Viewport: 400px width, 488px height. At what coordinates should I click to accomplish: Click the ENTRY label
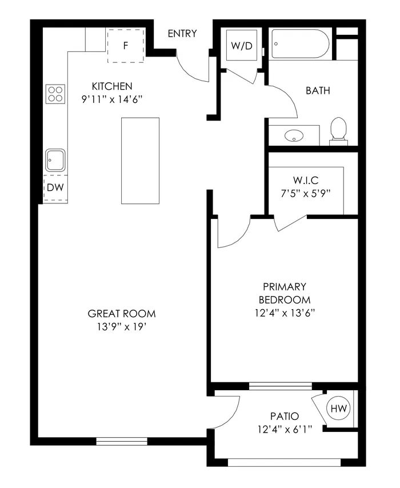click(182, 34)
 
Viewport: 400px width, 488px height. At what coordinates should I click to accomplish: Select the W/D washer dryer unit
click(241, 46)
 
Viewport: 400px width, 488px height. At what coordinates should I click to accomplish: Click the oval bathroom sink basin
click(295, 136)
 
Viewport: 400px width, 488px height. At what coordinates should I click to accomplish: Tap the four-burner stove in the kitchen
click(55, 93)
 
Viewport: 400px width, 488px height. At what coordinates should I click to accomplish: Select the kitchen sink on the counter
click(55, 160)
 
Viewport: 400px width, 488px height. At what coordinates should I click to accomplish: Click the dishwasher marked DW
click(55, 187)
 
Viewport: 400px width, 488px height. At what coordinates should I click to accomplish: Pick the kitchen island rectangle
click(140, 161)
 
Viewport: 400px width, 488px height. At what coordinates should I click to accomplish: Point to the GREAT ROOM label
click(122, 314)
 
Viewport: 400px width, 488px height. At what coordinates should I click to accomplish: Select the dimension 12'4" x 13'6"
click(285, 313)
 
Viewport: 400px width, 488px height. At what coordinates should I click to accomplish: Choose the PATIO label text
click(285, 417)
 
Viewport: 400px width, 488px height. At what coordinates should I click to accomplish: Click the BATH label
click(318, 90)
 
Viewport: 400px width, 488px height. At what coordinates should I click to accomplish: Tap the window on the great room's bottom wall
click(122, 441)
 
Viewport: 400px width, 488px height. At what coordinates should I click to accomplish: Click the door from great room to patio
click(227, 411)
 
